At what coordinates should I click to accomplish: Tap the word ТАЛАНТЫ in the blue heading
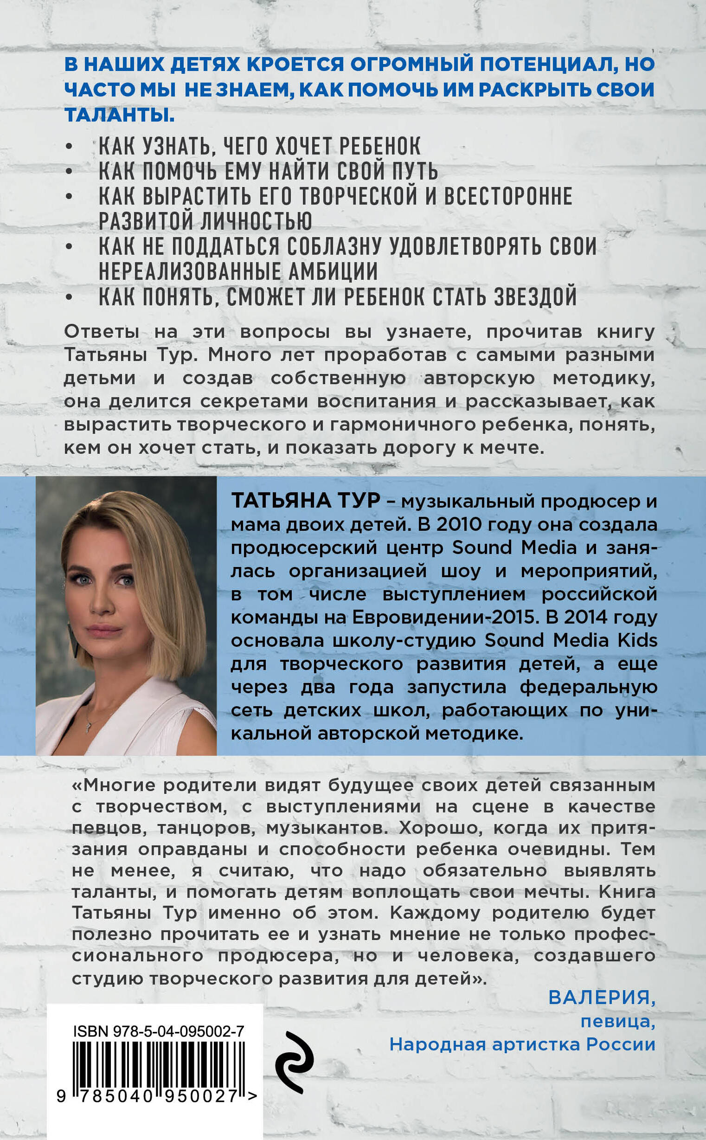(120, 115)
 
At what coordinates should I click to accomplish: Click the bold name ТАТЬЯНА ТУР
(306, 501)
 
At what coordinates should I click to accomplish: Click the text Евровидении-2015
(443, 617)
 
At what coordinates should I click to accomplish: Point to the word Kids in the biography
(637, 640)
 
